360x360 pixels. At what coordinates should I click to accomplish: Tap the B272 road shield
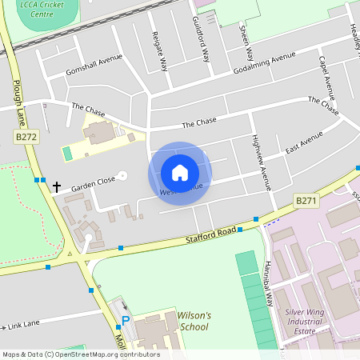point(26,138)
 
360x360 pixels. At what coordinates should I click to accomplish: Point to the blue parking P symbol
point(125,322)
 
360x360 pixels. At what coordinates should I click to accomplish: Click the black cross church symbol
point(56,187)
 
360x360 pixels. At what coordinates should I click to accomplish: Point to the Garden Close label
point(93,183)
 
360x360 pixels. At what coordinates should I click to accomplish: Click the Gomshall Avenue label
point(94,64)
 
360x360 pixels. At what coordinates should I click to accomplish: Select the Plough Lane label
point(16,97)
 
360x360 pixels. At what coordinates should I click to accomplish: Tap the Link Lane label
point(24,326)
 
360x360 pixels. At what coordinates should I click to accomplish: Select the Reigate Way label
point(161,52)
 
